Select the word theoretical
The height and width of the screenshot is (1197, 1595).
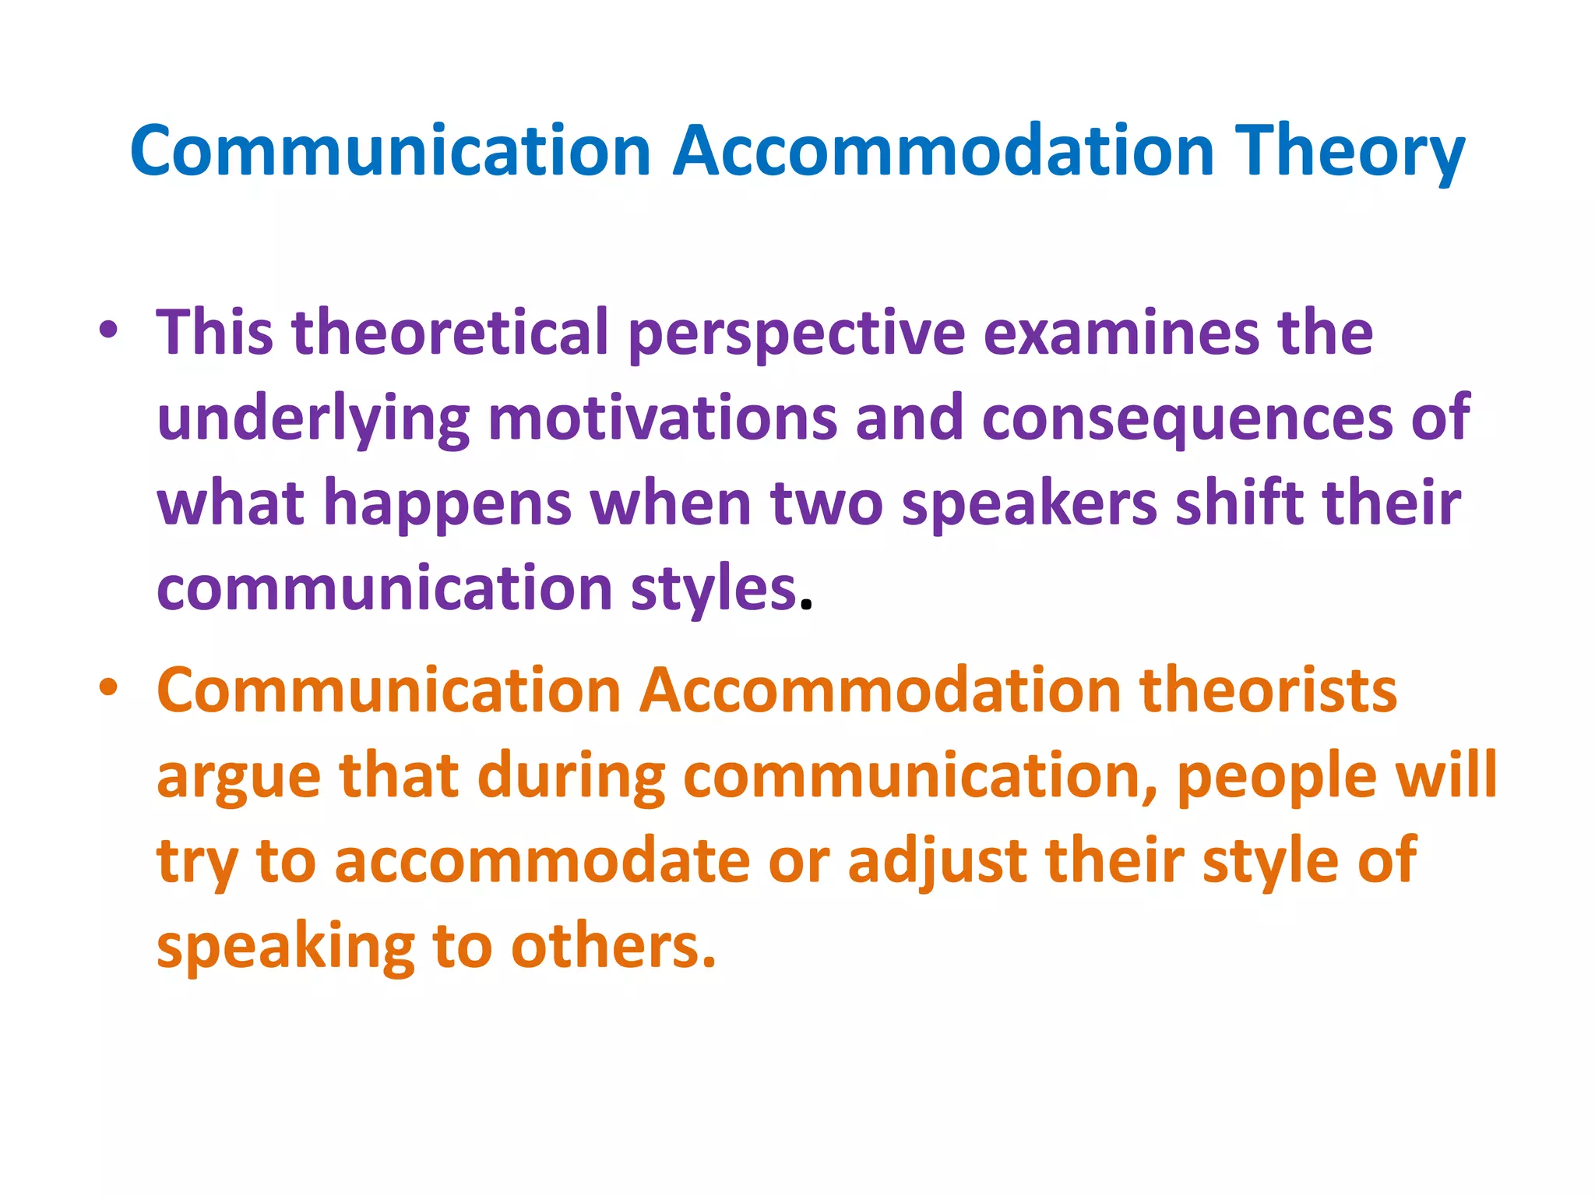[449, 333]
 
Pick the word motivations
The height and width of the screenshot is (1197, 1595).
[662, 418]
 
